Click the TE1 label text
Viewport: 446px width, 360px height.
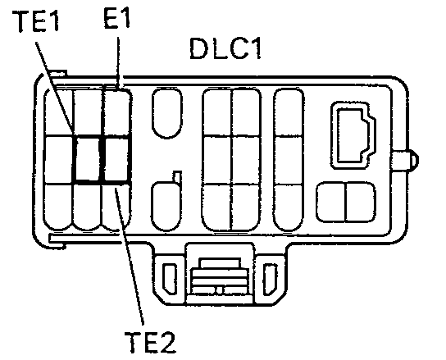coord(35,21)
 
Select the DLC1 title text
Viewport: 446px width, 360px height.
coord(225,48)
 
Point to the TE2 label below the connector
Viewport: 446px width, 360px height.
coord(150,342)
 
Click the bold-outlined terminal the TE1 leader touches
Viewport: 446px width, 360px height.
coord(89,159)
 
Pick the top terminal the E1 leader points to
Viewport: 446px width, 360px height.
coord(116,112)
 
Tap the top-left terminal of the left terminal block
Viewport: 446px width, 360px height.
coord(58,112)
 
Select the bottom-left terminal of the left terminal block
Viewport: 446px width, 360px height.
coord(58,207)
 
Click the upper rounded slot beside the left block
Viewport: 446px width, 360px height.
coord(167,113)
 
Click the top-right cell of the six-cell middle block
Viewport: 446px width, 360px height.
coord(246,112)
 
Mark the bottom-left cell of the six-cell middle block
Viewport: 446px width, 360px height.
coord(216,207)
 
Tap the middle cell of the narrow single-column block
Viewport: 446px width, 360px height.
coord(289,160)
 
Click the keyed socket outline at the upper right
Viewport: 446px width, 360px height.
coord(353,135)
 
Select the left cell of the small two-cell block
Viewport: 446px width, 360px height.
coord(331,202)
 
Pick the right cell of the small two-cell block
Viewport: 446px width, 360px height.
coord(361,202)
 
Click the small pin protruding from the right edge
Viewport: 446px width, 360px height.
coord(405,161)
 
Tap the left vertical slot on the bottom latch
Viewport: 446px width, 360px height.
coord(170,279)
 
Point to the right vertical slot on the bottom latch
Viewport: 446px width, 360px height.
coord(270,279)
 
